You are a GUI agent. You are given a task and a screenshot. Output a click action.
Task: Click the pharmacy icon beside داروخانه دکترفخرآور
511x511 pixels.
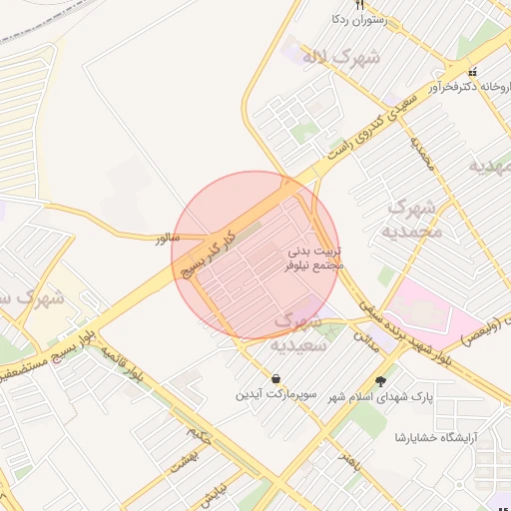[473, 72]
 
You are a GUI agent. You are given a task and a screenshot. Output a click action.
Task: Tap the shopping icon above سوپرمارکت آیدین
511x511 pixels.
[274, 379]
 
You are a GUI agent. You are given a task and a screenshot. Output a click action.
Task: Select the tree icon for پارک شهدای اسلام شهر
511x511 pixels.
[380, 380]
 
